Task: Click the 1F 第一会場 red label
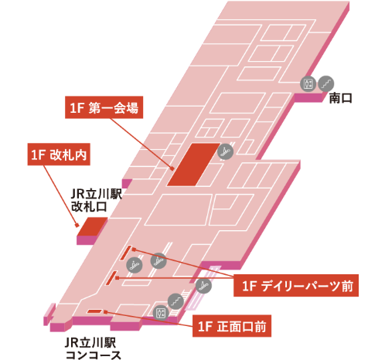104,107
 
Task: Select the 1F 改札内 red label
59,155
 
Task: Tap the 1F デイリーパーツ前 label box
296,285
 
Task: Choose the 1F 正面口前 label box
232,326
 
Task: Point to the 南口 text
341,98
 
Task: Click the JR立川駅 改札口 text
96,200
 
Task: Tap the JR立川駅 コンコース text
93,348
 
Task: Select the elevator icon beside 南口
308,83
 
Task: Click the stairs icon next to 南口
326,83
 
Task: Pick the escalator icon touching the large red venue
225,151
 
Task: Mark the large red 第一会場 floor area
193,165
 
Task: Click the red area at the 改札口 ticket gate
93,226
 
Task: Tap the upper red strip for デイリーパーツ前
126,253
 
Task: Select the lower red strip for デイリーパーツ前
111,278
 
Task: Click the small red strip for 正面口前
95,311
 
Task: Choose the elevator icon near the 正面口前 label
161,313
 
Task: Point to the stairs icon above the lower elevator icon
175,301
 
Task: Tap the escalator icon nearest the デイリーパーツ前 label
203,285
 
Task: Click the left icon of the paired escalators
135,265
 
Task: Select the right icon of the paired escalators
158,261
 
